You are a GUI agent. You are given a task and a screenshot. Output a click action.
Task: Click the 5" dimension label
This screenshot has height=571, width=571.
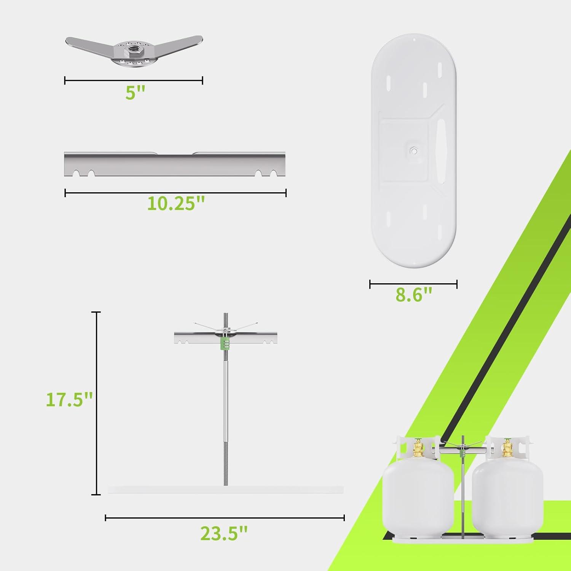[x=136, y=93]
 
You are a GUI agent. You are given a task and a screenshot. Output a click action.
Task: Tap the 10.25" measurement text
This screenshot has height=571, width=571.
[x=176, y=204]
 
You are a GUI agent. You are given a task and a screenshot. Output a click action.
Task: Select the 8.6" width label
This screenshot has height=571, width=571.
[x=414, y=294]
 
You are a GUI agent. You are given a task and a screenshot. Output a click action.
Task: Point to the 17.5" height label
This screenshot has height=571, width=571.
[x=69, y=399]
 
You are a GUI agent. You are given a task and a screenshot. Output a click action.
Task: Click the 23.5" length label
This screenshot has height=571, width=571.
[x=224, y=533]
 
